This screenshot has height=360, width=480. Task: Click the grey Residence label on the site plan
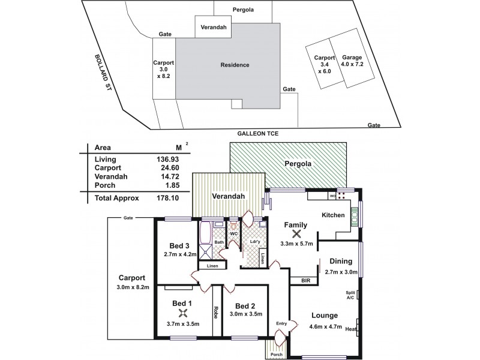click(235, 65)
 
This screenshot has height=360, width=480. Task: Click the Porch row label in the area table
click(104, 187)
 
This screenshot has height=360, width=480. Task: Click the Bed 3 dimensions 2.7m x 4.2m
click(180, 254)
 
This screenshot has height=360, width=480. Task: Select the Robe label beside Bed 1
click(215, 313)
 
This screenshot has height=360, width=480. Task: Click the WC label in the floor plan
click(235, 233)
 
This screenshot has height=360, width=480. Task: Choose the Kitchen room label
click(333, 215)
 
